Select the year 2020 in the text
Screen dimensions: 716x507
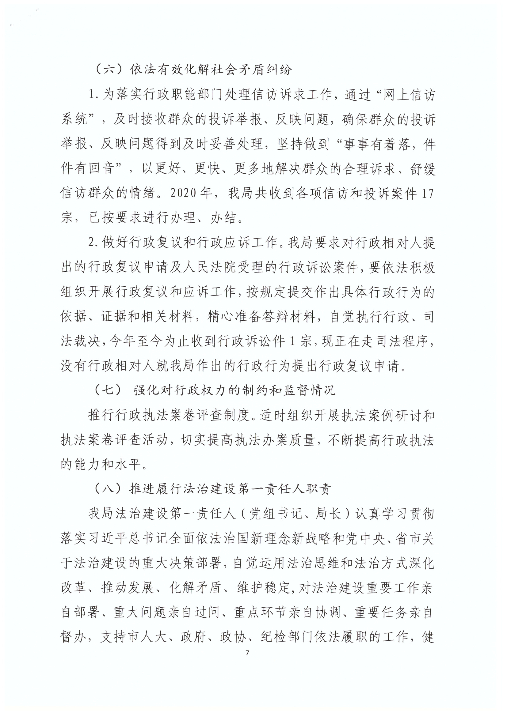click(183, 194)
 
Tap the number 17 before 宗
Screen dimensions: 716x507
click(428, 194)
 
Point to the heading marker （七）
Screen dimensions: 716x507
click(109, 390)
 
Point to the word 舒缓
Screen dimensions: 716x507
click(421, 169)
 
